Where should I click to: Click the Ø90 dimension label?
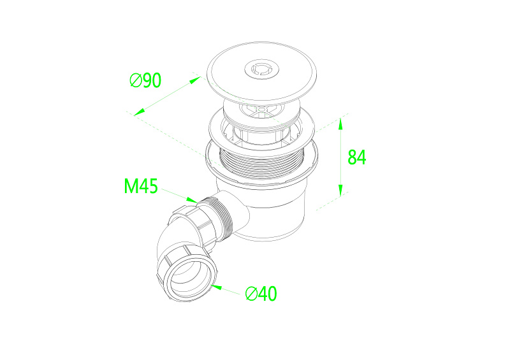coord(145,80)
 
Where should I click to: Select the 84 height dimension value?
coord(357,157)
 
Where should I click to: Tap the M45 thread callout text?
coord(141,186)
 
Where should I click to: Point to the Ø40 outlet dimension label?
coord(261,294)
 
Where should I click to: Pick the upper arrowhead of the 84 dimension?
coord(340,124)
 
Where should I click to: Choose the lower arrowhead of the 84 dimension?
coord(340,191)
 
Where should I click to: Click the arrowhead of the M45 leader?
coord(192,199)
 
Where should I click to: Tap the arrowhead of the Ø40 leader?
coord(216,287)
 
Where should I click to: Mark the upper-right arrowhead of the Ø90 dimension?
coord(195,80)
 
